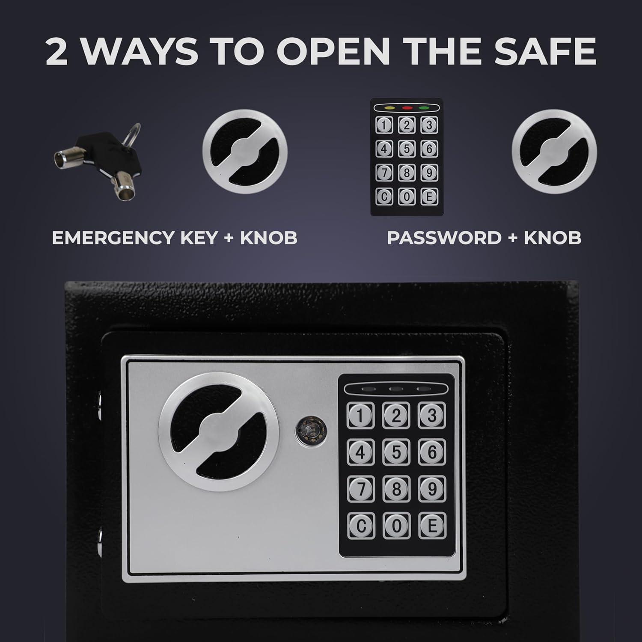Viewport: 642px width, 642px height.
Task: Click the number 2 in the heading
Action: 57,52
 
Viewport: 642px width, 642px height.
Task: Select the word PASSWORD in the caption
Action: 444,238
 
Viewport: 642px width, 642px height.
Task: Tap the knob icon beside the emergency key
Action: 245,152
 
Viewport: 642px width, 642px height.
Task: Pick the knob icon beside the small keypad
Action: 554,152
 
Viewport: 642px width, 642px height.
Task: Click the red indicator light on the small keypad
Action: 407,108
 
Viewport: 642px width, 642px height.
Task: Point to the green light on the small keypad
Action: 424,108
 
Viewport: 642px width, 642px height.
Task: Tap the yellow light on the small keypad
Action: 390,108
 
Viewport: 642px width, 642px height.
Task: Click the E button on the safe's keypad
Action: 432,525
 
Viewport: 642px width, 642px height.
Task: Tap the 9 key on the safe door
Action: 432,488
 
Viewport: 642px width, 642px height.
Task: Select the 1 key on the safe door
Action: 361,416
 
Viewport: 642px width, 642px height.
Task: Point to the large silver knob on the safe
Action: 219,431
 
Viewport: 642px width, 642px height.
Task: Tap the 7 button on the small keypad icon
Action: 384,173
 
